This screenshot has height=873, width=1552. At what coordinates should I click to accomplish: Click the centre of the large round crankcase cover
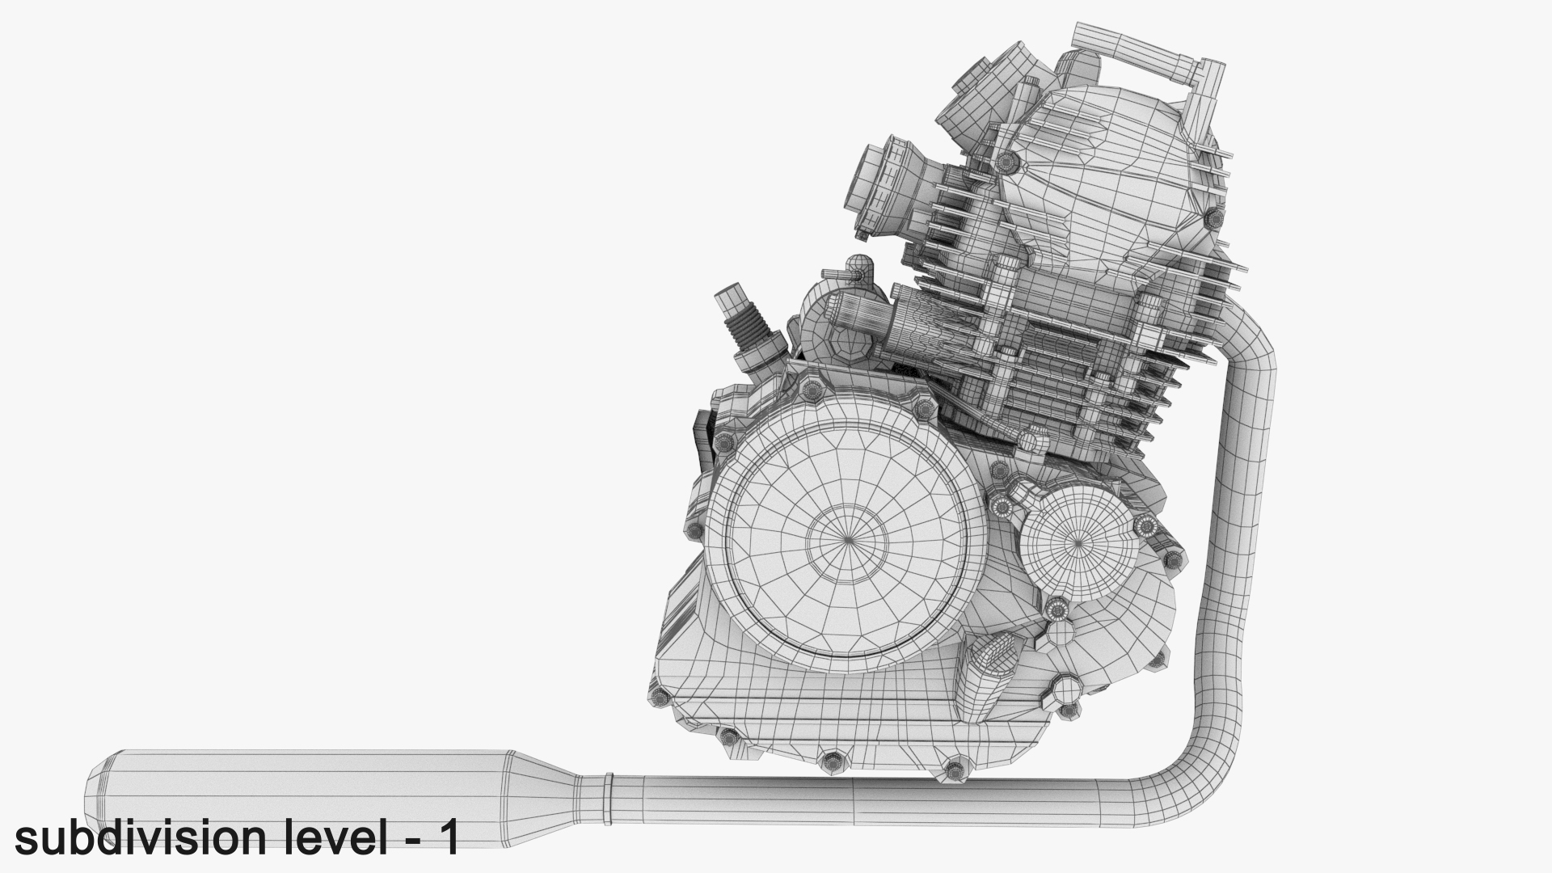pyautogui.click(x=847, y=540)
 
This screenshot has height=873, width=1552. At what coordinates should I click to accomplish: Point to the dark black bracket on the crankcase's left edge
pyautogui.click(x=702, y=436)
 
